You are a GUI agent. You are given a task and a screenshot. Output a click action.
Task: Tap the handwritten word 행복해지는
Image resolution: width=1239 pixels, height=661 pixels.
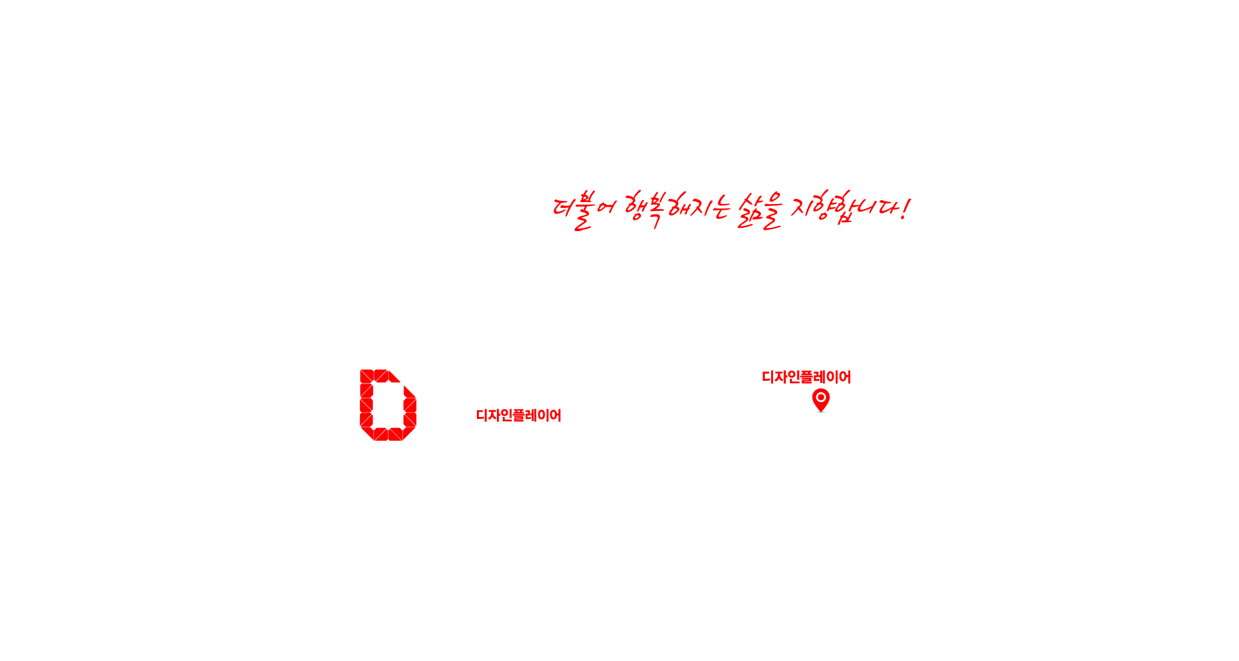click(x=677, y=208)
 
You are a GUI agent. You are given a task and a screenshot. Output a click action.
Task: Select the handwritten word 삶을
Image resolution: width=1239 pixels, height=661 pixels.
click(x=760, y=210)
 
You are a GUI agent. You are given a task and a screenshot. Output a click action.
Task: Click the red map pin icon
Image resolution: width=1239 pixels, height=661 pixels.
click(x=821, y=400)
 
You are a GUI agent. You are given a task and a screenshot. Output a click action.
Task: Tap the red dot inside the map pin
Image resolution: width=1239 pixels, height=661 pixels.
click(x=821, y=397)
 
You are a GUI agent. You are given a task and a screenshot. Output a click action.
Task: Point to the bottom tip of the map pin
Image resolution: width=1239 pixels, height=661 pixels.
click(x=821, y=412)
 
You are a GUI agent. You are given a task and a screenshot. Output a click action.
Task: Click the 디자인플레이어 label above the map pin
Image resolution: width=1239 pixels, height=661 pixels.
click(x=807, y=377)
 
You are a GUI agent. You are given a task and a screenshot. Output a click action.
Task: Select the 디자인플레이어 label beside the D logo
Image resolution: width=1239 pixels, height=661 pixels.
click(x=519, y=415)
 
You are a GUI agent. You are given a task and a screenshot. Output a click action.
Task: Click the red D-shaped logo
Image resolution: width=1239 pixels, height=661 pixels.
click(x=388, y=405)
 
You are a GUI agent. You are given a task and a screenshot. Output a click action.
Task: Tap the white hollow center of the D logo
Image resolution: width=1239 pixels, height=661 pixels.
click(x=388, y=405)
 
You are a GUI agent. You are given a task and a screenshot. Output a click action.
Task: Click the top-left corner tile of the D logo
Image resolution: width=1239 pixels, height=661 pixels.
click(x=367, y=376)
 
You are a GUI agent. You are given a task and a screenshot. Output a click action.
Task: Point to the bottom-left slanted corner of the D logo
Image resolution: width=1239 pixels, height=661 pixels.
click(x=367, y=434)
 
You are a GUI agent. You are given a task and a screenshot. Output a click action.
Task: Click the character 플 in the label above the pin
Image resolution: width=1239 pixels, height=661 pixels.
click(x=807, y=377)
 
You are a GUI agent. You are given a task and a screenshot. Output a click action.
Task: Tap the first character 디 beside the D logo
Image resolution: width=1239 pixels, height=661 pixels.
click(x=482, y=415)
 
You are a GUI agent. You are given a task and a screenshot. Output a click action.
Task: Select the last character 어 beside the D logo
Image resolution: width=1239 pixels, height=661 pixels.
click(x=556, y=415)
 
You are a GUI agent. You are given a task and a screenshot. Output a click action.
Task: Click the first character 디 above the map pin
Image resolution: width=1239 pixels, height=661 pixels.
click(x=769, y=377)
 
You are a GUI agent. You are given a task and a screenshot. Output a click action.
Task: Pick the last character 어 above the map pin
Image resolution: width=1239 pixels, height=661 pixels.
click(x=845, y=377)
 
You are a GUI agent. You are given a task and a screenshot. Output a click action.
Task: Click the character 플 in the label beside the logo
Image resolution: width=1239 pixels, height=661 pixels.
click(x=519, y=415)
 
